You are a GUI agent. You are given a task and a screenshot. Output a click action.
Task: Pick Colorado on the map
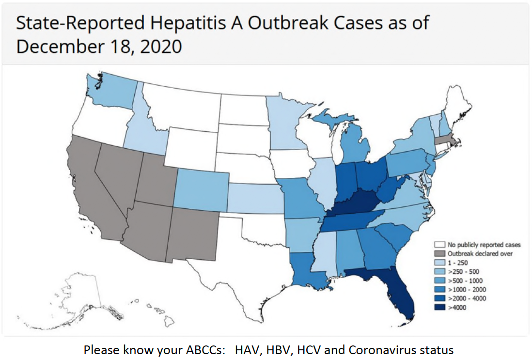click(200, 191)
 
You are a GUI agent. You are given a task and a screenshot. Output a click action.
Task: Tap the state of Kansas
click(254, 198)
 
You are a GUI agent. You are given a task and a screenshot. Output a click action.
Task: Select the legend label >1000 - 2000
click(467, 289)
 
